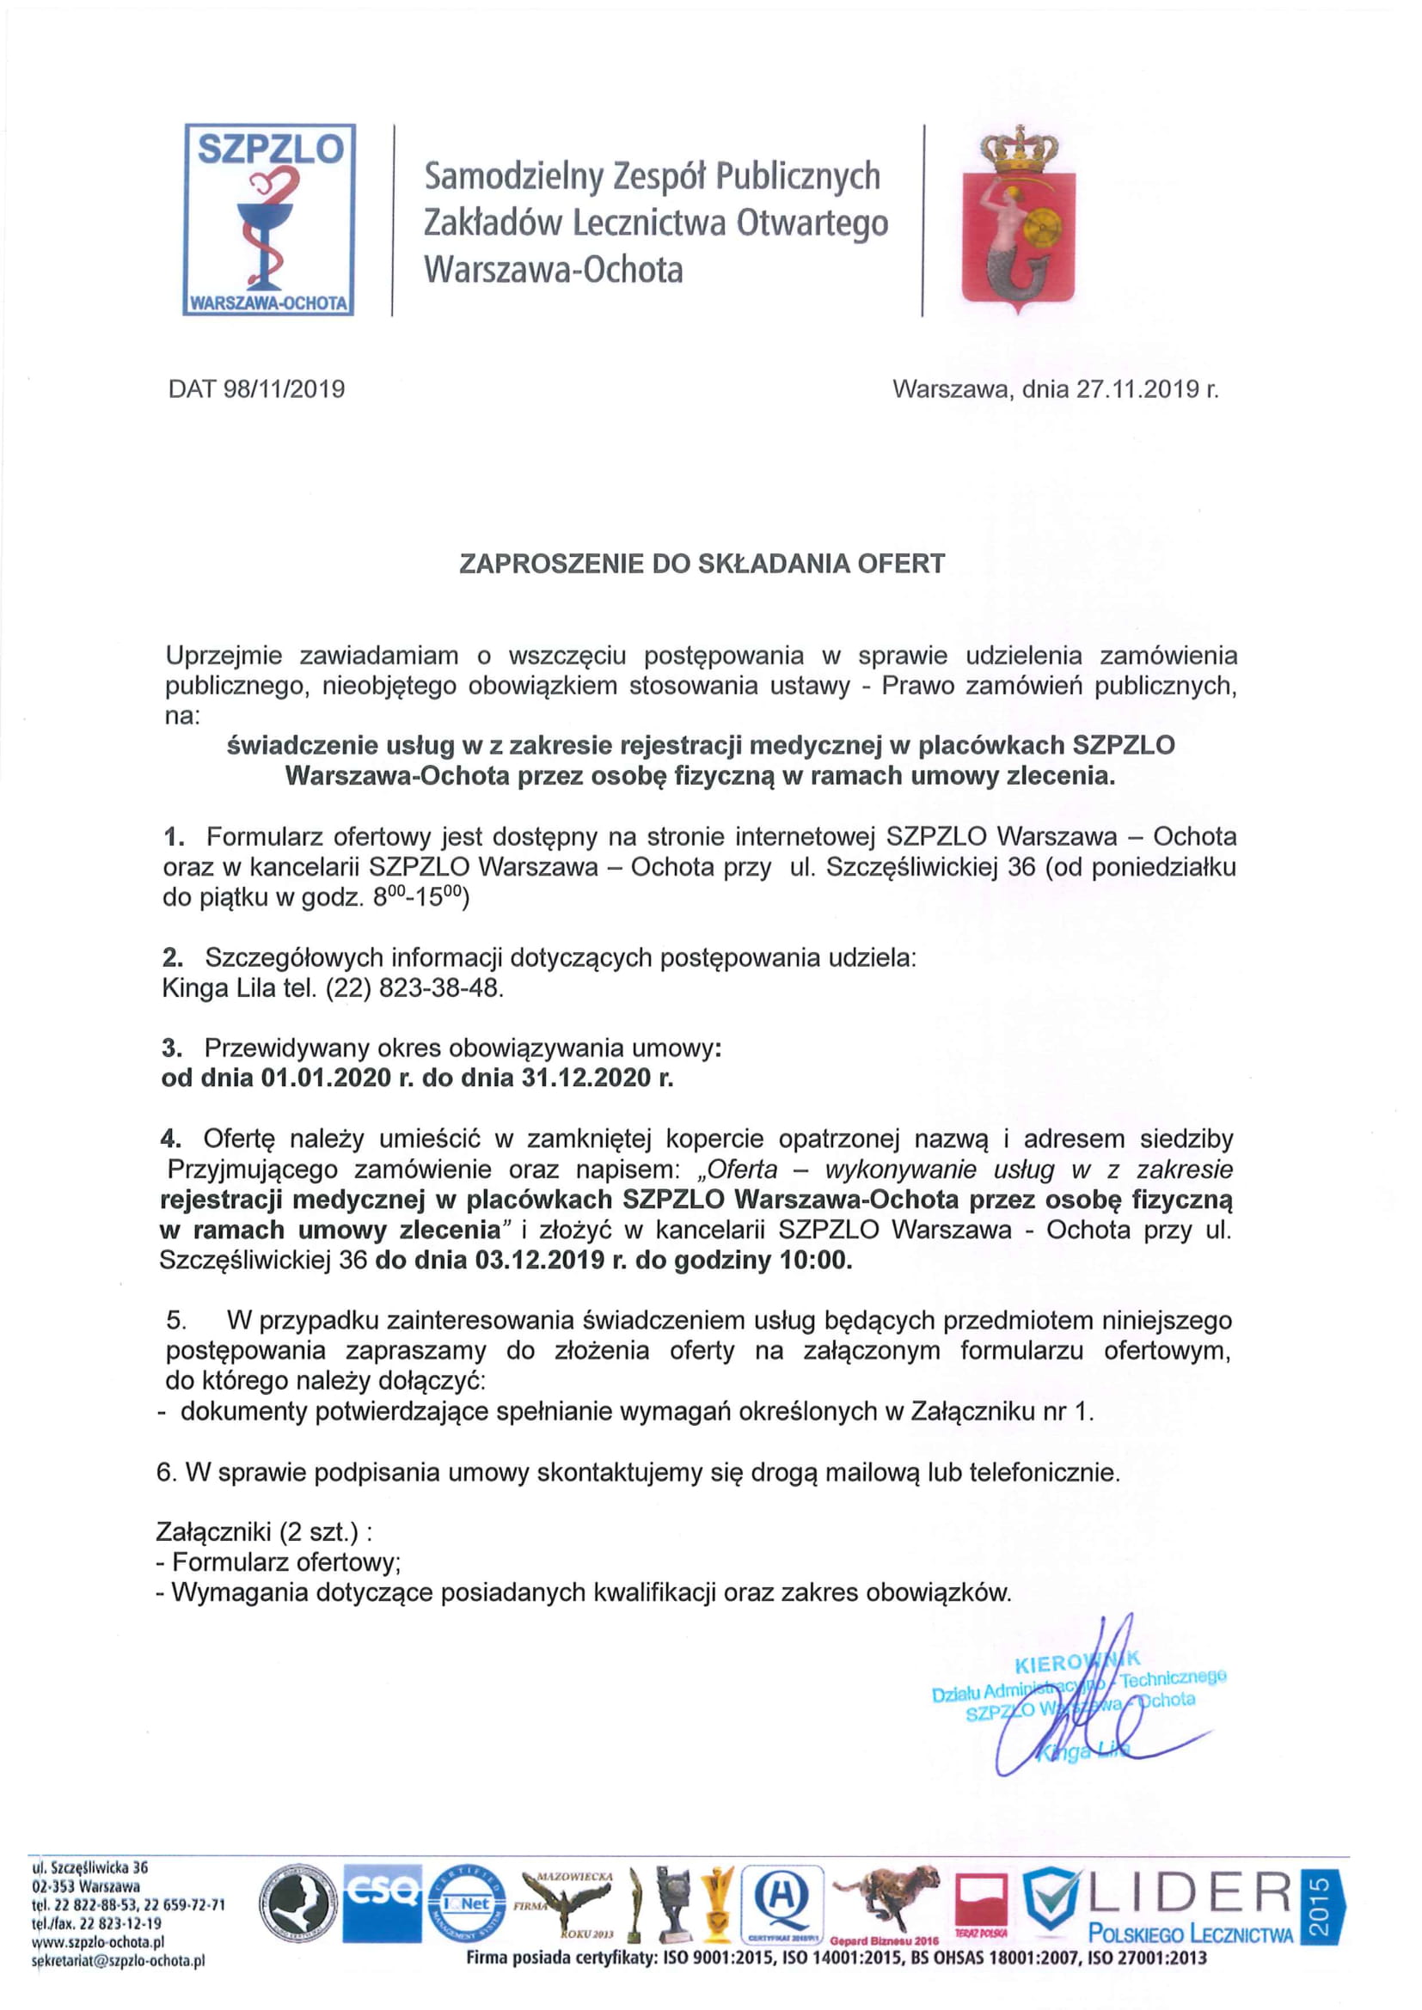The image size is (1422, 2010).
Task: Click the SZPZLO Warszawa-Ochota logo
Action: pyautogui.click(x=269, y=220)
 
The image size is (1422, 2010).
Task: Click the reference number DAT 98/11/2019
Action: pyautogui.click(x=256, y=388)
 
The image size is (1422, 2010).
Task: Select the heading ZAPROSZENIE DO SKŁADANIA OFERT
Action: pyautogui.click(x=702, y=563)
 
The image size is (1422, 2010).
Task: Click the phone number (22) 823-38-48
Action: pyautogui.click(x=415, y=989)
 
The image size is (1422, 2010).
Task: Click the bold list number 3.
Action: pyautogui.click(x=172, y=1048)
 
